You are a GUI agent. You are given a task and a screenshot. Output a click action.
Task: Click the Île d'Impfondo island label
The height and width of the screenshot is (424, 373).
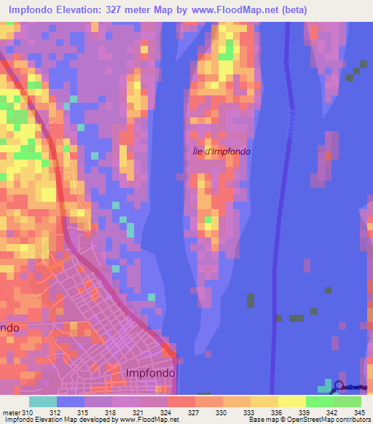216,152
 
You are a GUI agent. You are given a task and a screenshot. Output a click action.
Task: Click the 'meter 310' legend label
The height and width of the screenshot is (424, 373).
18,413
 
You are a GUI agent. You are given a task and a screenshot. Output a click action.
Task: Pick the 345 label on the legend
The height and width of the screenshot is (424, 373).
359,413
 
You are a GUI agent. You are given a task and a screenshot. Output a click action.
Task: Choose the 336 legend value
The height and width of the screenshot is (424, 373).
278,413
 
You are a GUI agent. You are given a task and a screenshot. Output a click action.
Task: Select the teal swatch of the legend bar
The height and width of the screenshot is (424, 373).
43,401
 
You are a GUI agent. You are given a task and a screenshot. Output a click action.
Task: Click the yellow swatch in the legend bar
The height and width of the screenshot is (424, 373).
291,401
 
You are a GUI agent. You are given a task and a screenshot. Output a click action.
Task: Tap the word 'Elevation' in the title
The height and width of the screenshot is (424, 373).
82,9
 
